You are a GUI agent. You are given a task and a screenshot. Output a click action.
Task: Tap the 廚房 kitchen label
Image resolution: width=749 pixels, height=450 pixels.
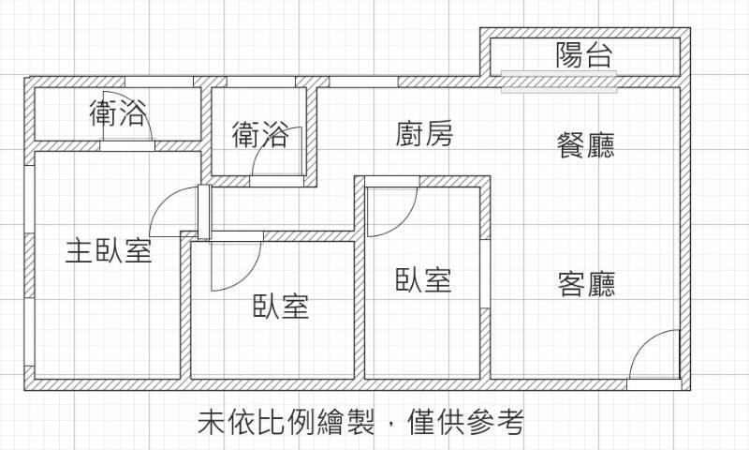click(x=424, y=135)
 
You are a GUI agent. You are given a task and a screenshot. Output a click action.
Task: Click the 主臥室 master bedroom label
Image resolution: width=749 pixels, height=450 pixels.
click(x=109, y=250)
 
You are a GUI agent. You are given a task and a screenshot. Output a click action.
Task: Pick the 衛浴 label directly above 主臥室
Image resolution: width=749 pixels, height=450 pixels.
click(x=117, y=114)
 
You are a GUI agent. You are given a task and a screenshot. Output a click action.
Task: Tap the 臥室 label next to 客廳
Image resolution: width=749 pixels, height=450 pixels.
click(x=424, y=278)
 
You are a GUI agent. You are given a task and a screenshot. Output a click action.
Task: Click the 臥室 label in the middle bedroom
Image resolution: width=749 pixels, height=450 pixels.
click(x=281, y=305)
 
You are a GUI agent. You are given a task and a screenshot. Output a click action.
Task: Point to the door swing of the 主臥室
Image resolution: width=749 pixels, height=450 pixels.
click(x=173, y=211)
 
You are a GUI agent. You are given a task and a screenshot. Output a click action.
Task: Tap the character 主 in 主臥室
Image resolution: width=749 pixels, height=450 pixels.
click(x=79, y=250)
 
